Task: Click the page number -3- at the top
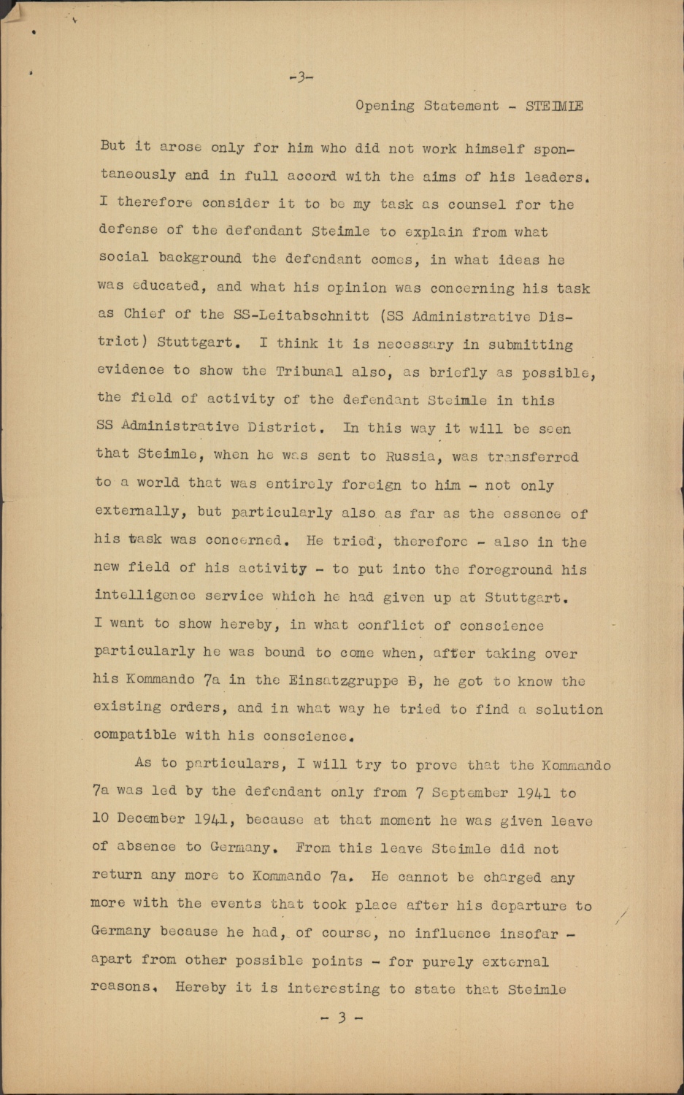pos(301,77)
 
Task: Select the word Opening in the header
pos(385,106)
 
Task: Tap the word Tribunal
pos(309,372)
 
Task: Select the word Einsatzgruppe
pos(343,680)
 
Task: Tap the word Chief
pos(145,314)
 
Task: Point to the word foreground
pos(510,569)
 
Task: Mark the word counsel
pos(477,205)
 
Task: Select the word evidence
pos(131,369)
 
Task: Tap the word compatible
pos(134,735)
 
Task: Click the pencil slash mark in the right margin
pos(621,917)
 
